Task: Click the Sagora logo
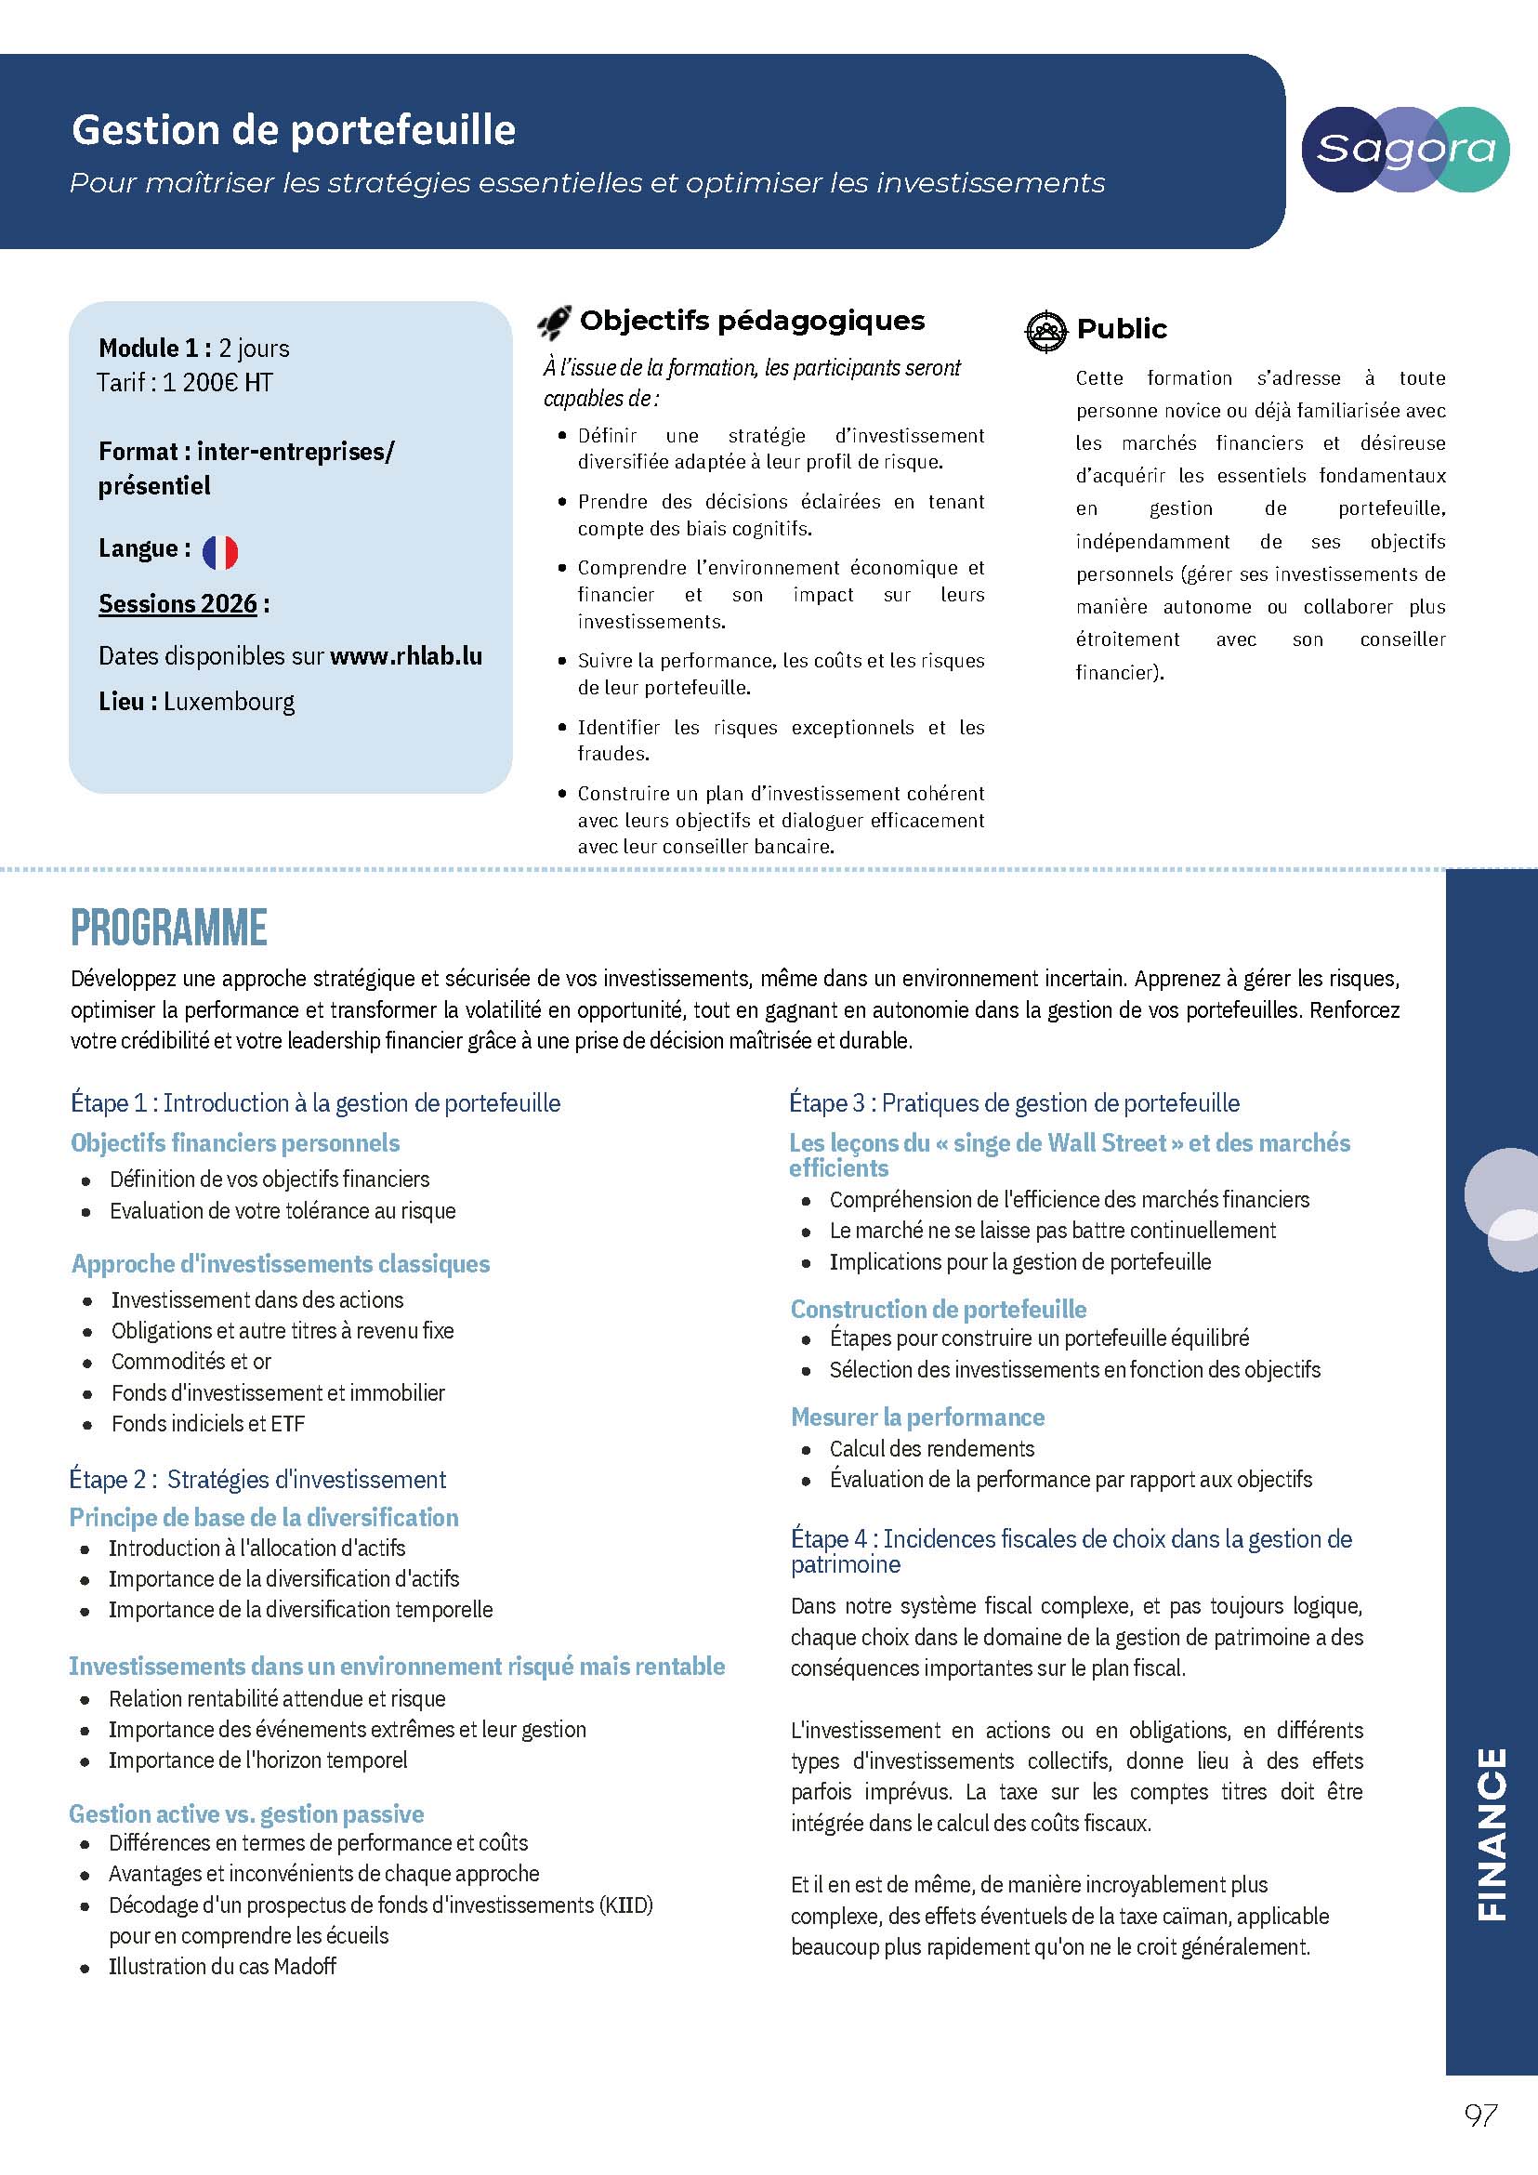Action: pyautogui.click(x=1404, y=150)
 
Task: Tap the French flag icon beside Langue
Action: pyautogui.click(x=219, y=551)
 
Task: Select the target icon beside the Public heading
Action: pyautogui.click(x=1045, y=331)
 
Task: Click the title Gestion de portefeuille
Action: pyautogui.click(x=294, y=130)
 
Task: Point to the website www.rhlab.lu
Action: pyautogui.click(x=405, y=655)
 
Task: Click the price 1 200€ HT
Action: pyautogui.click(x=217, y=383)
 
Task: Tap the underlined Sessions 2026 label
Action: pyautogui.click(x=178, y=603)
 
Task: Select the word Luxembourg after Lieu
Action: pyautogui.click(x=230, y=702)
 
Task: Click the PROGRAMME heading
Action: pyautogui.click(x=168, y=928)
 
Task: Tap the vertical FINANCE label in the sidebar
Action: pyautogui.click(x=1492, y=1834)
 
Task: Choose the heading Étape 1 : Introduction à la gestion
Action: pyautogui.click(x=315, y=1102)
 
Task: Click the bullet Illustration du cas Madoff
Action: pyautogui.click(x=222, y=1967)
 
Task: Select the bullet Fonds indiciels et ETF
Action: pyautogui.click(x=208, y=1424)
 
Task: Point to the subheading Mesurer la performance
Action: pyautogui.click(x=917, y=1417)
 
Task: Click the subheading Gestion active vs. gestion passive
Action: pyautogui.click(x=246, y=1814)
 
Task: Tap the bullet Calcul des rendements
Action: pyautogui.click(x=932, y=1448)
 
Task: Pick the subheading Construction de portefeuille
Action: pyautogui.click(x=939, y=1309)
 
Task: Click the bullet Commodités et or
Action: pyautogui.click(x=191, y=1362)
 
